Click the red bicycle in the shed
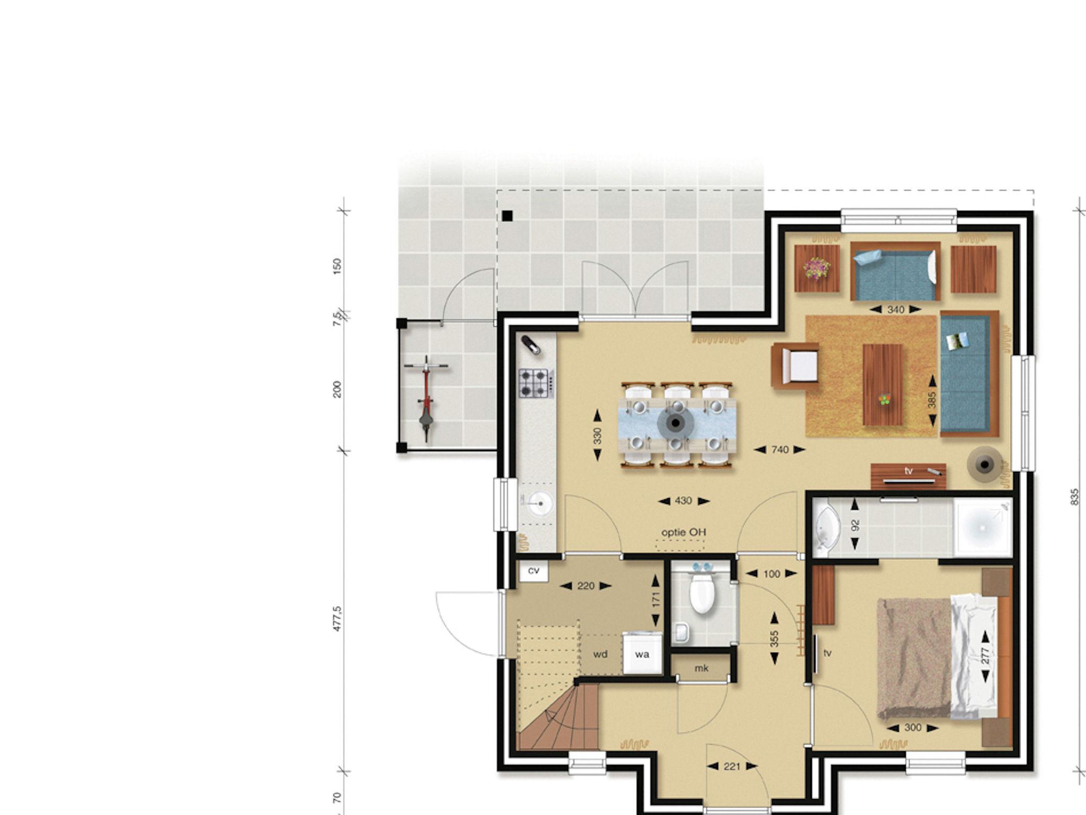(426, 398)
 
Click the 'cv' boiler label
(533, 570)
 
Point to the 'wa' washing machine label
(642, 654)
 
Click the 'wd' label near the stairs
(600, 654)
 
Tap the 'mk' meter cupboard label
(701, 668)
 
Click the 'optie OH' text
(684, 532)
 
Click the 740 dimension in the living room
(780, 449)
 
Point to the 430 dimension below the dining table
(684, 500)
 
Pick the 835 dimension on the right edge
(1075, 496)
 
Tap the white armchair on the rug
(796, 366)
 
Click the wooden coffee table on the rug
(883, 385)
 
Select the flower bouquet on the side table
(817, 268)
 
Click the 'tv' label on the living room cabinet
(908, 471)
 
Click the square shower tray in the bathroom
(983, 527)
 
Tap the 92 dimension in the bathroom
(855, 525)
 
